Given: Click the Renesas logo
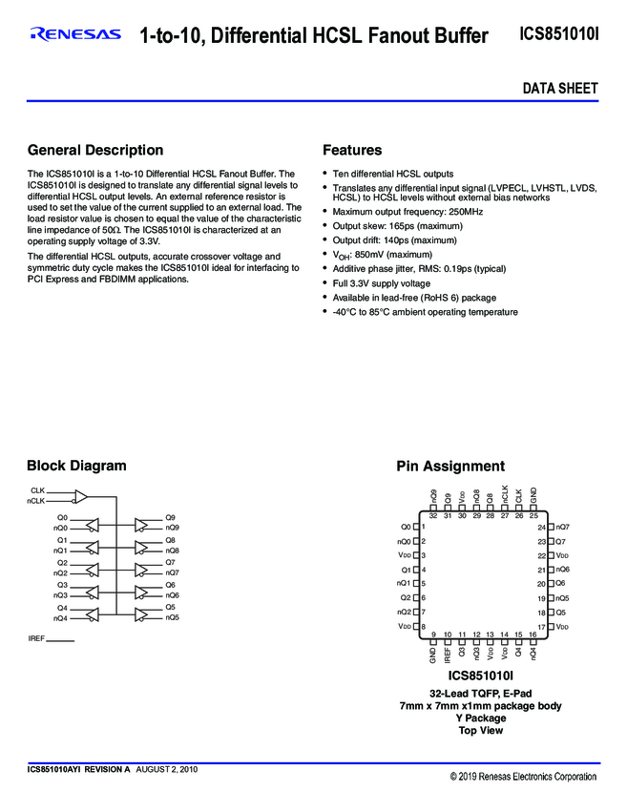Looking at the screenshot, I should click(x=75, y=35).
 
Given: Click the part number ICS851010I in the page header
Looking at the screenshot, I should click(x=559, y=35).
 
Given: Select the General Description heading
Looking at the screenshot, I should click(x=95, y=151).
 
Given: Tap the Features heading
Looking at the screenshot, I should click(x=352, y=151).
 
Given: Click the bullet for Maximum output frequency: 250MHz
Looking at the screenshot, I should click(x=325, y=212).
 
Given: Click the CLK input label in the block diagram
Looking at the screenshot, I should click(x=38, y=490).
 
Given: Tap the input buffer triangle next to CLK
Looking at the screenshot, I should click(x=81, y=496).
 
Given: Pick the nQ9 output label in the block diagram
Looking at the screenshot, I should click(x=172, y=528).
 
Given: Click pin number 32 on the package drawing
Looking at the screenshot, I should click(x=433, y=516).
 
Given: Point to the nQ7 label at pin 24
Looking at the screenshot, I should click(x=563, y=527).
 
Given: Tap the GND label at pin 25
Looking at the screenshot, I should click(x=533, y=497).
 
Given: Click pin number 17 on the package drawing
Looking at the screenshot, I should click(x=542, y=626).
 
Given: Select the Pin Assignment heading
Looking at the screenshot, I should click(x=450, y=467).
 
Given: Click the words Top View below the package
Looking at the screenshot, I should click(x=480, y=731).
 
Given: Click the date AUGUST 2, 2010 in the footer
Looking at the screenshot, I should click(x=167, y=769).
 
